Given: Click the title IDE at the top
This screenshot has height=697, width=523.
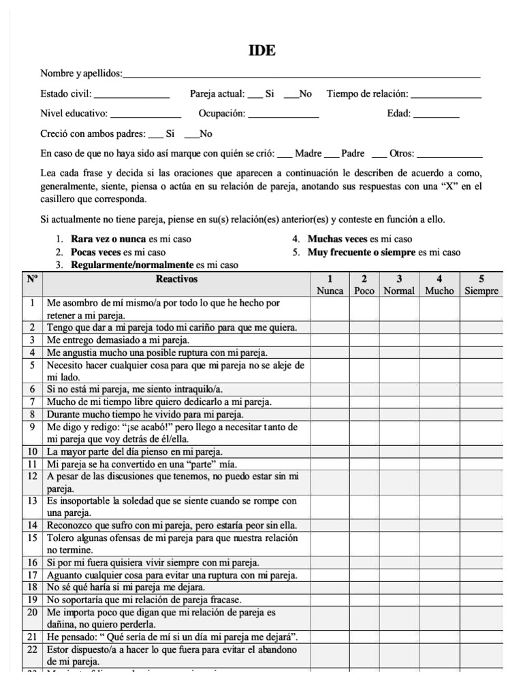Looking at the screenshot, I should pos(262,51).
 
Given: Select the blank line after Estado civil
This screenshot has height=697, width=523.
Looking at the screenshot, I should pos(131,96).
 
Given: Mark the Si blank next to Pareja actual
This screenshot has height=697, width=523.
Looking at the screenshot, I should pos(255,96).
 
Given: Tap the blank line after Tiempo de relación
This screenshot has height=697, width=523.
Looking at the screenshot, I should pos(446,96).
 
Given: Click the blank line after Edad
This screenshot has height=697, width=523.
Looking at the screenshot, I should pos(436,116).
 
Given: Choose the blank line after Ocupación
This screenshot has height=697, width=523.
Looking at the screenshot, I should pos(283,116).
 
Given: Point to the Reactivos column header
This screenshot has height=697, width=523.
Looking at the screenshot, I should pos(176,279).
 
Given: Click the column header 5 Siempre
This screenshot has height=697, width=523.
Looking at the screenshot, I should pos(481,285).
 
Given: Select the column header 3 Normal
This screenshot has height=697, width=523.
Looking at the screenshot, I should pos(399,285).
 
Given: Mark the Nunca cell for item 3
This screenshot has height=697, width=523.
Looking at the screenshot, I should pos(330,340).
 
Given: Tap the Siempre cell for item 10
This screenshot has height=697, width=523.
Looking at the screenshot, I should pos(481,451).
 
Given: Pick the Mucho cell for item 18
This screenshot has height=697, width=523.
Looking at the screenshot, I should pos(439,587).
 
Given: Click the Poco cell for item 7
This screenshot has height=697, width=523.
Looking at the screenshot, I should pos(364,402).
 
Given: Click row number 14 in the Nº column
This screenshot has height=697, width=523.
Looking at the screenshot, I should pos(32,525).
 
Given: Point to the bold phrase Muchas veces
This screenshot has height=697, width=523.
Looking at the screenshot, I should pos(338,240).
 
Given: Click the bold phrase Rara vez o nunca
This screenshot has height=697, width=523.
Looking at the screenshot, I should pos(108,240).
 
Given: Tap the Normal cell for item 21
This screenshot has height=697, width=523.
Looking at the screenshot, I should pos(399,636).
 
